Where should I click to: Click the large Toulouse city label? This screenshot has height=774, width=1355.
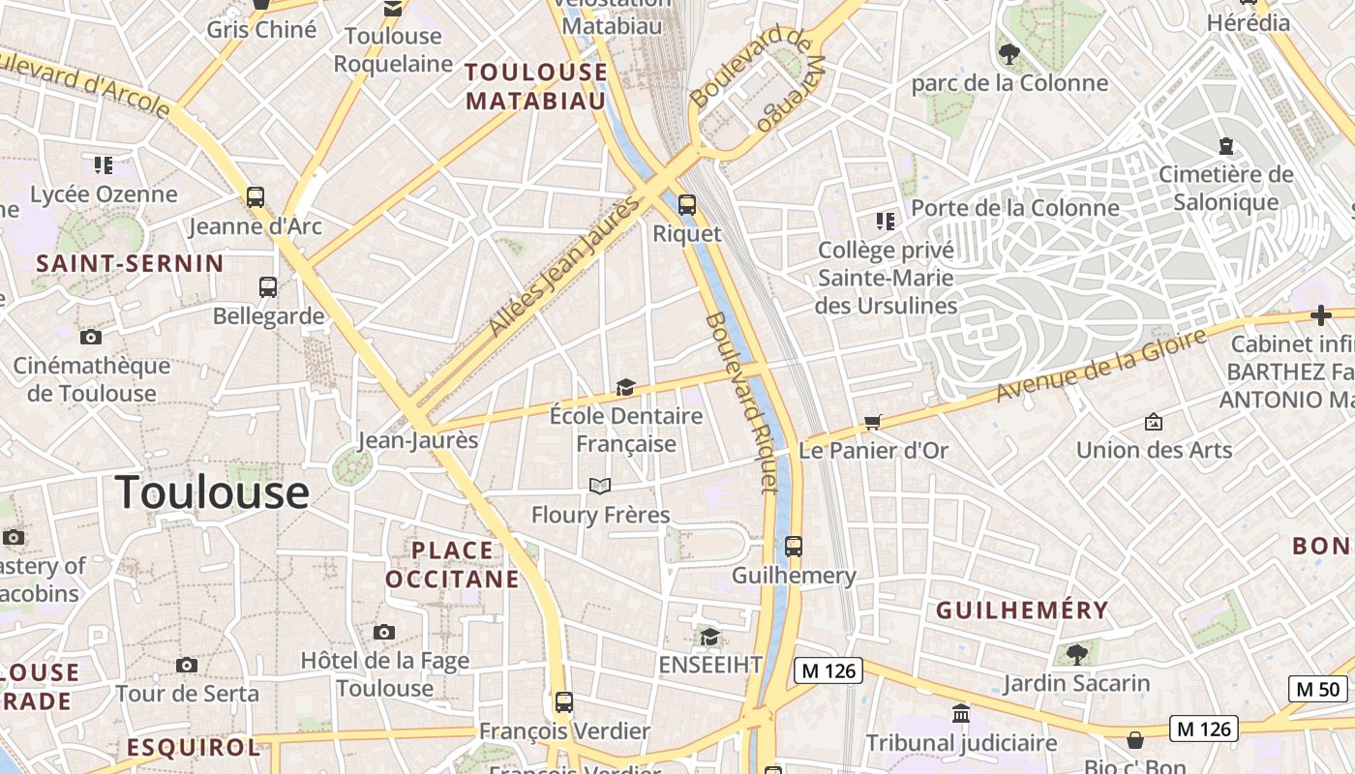(x=212, y=491)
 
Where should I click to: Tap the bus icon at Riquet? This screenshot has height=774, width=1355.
(x=686, y=204)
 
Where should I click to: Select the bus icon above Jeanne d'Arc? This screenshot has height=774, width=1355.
(x=256, y=197)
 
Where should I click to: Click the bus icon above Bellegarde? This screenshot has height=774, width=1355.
(x=268, y=287)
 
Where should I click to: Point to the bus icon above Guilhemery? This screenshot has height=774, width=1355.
(x=794, y=547)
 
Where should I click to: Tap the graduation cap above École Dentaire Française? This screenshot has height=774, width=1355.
(x=625, y=388)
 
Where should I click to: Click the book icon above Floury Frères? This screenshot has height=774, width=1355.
(x=600, y=486)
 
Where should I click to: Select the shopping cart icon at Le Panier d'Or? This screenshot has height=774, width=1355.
(x=873, y=422)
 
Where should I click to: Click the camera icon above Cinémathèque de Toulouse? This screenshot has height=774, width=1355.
(x=91, y=338)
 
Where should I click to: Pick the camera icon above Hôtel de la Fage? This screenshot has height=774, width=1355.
(x=384, y=633)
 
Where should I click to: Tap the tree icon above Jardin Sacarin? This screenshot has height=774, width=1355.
(x=1076, y=655)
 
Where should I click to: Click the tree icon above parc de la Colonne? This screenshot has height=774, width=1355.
(x=1009, y=54)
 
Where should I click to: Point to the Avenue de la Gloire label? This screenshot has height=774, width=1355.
(x=1101, y=364)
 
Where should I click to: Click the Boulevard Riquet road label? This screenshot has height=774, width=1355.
(x=741, y=402)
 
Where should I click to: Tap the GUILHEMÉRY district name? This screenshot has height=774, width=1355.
(x=1022, y=610)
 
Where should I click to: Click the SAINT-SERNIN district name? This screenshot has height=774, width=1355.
(x=130, y=263)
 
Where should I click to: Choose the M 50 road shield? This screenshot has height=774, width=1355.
(x=1318, y=689)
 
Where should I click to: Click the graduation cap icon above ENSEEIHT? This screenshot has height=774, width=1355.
(x=709, y=637)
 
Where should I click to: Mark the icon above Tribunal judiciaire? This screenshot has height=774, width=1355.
(x=961, y=714)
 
